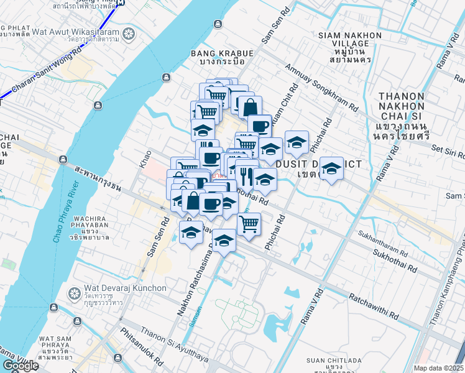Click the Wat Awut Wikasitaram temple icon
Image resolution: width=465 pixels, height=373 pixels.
(129, 33)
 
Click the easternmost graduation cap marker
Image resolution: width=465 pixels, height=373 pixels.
(331, 168)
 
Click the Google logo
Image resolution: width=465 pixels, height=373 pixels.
(20, 366)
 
